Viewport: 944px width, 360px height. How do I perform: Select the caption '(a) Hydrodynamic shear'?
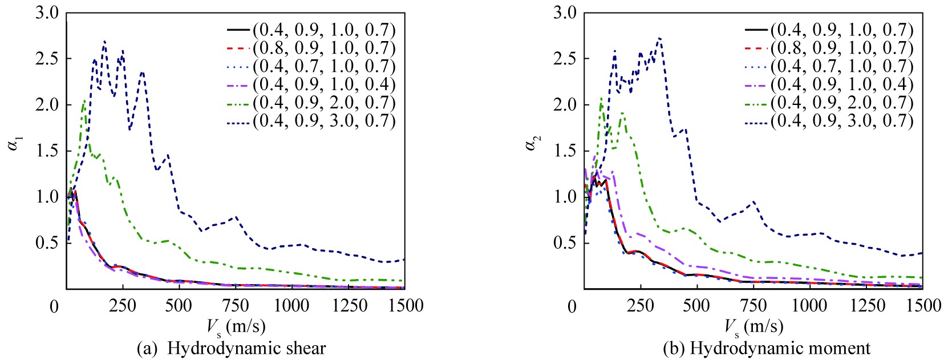click(x=232, y=349)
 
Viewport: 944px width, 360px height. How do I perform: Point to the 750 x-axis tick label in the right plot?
click(x=753, y=306)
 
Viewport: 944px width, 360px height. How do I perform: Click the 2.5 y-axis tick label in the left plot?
click(x=47, y=59)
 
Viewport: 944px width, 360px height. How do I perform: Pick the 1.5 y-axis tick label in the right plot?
click(x=565, y=151)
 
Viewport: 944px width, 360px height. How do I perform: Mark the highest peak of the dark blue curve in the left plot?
click(x=104, y=41)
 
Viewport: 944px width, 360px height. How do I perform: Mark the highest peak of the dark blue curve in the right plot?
click(x=659, y=38)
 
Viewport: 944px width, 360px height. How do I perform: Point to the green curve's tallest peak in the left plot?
click(x=84, y=100)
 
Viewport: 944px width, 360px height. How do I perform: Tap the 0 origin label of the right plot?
click(x=572, y=307)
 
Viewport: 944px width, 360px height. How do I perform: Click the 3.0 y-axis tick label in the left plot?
click(x=47, y=13)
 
